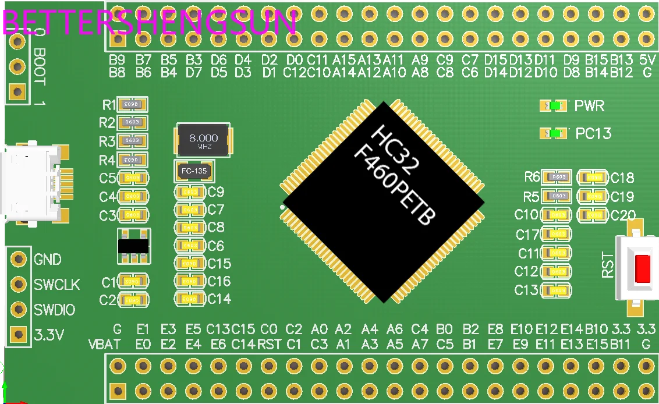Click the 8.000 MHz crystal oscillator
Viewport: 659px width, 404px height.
(x=204, y=140)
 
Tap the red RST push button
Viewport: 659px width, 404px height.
(x=642, y=268)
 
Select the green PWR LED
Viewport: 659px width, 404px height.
(x=555, y=106)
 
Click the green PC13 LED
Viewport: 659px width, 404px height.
(x=555, y=133)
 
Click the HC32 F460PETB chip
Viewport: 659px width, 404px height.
(x=383, y=202)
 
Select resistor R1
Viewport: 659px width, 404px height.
(x=132, y=105)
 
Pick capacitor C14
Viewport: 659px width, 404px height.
(x=190, y=299)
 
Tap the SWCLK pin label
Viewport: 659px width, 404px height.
(x=56, y=285)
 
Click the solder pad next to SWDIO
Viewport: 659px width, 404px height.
(x=19, y=309)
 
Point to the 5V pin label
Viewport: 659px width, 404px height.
(x=647, y=59)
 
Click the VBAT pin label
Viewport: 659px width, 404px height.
(x=105, y=344)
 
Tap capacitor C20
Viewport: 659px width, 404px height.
(x=594, y=215)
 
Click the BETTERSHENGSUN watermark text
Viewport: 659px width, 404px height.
(x=149, y=23)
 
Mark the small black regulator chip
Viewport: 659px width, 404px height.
(x=133, y=246)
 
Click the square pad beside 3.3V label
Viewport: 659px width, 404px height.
(x=19, y=335)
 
